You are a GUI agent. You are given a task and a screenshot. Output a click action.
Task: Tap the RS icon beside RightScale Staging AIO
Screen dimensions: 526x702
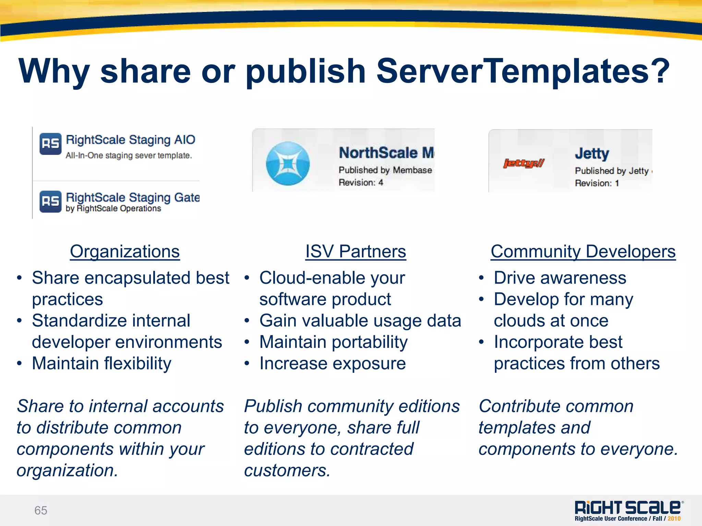pos(50,144)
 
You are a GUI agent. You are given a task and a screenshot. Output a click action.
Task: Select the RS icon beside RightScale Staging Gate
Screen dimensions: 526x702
pos(50,201)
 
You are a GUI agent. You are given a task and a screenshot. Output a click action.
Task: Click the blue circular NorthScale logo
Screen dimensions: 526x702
pos(288,163)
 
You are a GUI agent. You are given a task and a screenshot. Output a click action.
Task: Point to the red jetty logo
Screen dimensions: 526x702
pos(523,163)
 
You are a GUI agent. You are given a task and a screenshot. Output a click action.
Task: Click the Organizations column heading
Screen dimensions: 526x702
pos(125,252)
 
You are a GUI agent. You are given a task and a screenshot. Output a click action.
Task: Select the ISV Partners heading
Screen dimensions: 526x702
pos(355,252)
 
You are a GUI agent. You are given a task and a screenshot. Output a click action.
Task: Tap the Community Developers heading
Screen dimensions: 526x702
pos(583,252)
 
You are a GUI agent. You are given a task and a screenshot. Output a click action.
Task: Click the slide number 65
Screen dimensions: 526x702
pos(41,510)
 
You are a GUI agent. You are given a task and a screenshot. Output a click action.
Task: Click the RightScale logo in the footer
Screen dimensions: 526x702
pos(628,507)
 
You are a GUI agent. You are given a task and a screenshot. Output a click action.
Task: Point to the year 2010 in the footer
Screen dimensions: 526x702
pos(674,519)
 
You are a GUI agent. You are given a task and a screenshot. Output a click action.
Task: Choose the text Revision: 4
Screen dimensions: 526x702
pos(361,183)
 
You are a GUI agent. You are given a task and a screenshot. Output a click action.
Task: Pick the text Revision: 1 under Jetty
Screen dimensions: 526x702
pos(597,183)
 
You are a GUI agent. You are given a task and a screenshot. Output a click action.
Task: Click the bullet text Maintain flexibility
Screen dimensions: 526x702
pos(101,364)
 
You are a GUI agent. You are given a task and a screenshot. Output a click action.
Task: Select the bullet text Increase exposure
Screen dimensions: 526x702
pos(332,364)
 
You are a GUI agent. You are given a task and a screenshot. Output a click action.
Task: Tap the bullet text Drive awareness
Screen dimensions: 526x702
pos(560,278)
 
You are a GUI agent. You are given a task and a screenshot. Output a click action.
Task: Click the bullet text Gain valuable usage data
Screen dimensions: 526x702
pos(360,321)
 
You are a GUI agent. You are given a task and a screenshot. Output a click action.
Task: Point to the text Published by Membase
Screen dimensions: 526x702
pos(385,170)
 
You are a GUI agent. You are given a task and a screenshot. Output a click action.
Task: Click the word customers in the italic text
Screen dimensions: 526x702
pos(287,470)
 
